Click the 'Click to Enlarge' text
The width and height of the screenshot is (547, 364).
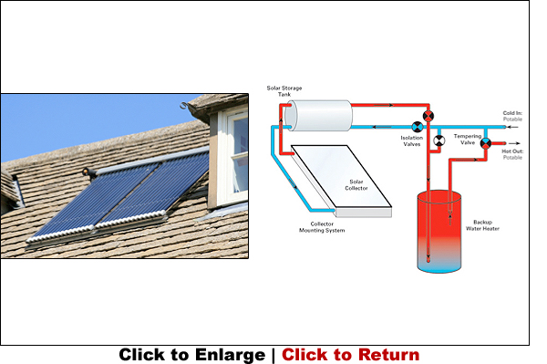pyautogui.click(x=191, y=355)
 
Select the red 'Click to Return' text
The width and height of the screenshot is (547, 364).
pyautogui.click(x=350, y=355)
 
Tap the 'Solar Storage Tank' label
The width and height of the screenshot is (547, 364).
pyautogui.click(x=284, y=91)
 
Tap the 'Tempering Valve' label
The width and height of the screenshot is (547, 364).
pyautogui.click(x=468, y=139)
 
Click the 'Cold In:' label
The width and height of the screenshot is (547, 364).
pyautogui.click(x=513, y=114)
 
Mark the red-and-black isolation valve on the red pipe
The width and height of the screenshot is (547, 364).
pyautogui.click(x=429, y=115)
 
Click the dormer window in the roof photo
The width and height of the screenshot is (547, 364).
pyautogui.click(x=233, y=151)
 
